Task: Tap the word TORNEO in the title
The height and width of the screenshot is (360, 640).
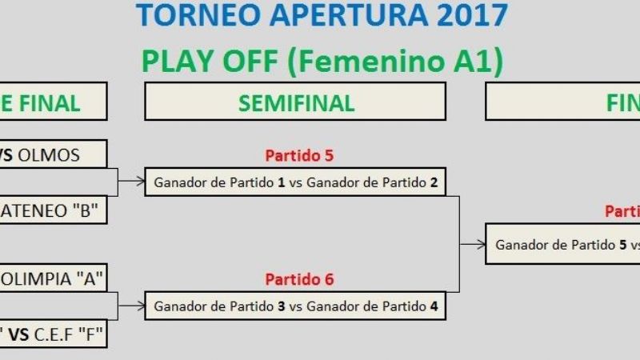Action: (x=186, y=15)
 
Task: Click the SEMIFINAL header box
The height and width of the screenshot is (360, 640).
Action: (x=295, y=102)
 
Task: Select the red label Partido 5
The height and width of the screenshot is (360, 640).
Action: (x=298, y=155)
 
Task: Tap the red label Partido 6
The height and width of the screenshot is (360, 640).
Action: (x=298, y=279)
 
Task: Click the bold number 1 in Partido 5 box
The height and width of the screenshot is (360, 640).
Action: (x=282, y=182)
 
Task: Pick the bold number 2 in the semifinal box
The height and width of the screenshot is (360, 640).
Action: (x=434, y=182)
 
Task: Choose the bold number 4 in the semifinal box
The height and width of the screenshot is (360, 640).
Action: (x=434, y=306)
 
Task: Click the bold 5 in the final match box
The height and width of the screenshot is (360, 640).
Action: (x=622, y=245)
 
